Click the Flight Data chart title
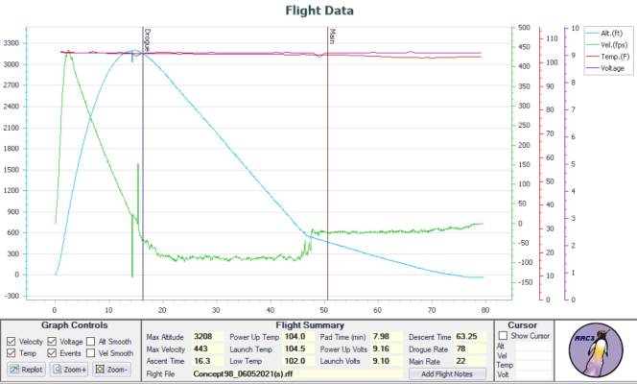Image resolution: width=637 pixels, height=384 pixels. pyautogui.click(x=319, y=12)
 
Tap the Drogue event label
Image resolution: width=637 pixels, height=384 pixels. pyautogui.click(x=147, y=38)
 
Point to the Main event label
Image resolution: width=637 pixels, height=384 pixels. pyautogui.click(x=332, y=36)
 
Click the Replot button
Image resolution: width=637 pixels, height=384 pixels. pyautogui.click(x=27, y=369)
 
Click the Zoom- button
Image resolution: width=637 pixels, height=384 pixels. pyautogui.click(x=111, y=369)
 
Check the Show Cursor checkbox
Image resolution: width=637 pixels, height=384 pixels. pyautogui.click(x=503, y=336)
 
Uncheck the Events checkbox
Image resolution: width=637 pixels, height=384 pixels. pyautogui.click(x=53, y=353)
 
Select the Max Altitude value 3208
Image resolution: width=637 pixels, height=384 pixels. pyautogui.click(x=202, y=337)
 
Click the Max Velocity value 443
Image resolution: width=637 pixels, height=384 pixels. pyautogui.click(x=201, y=349)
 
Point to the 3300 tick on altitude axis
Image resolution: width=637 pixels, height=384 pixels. pyautogui.click(x=13, y=43)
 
